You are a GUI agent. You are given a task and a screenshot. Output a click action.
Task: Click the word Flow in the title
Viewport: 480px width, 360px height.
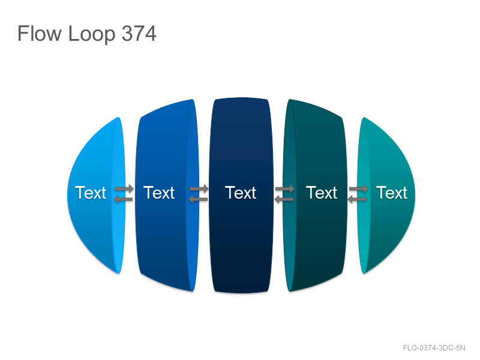coord(39,34)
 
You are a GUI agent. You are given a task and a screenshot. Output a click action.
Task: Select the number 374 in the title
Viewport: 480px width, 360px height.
coord(139,34)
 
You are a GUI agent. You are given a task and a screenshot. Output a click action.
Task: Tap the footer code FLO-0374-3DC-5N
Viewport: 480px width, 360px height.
coord(434,348)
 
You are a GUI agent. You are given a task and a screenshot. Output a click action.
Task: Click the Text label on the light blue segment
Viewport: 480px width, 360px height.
coord(91,193)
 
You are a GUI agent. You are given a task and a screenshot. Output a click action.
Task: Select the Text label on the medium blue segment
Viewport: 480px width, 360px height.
coord(159,193)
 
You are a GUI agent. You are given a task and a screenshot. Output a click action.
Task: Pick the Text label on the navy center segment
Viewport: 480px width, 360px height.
coord(241,193)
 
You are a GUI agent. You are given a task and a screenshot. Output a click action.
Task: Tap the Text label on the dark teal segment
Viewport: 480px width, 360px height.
coord(322,193)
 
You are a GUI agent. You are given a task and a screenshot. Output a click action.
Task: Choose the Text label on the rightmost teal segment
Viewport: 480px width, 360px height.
coord(392,193)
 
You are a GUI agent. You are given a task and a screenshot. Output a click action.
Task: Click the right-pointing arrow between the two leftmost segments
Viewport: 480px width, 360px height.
coord(124,188)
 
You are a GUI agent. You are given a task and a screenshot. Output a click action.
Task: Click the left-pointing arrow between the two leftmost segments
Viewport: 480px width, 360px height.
coord(123,200)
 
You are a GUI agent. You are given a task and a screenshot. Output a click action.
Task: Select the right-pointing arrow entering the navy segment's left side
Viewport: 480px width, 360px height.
coord(199,189)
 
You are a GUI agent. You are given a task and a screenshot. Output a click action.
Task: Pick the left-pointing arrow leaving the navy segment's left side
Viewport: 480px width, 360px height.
coord(198,200)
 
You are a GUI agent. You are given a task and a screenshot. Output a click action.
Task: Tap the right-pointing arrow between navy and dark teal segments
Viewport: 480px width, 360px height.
coord(285,189)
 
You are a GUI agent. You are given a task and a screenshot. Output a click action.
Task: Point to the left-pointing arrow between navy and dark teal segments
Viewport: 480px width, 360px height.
coord(284,200)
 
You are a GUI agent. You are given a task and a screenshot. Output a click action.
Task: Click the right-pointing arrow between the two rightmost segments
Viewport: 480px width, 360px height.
coord(359,189)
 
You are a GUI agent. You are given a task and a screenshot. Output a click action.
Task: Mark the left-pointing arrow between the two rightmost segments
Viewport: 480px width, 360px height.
coord(358,200)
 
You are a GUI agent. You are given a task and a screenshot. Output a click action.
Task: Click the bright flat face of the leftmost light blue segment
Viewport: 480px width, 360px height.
coord(118,220)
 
